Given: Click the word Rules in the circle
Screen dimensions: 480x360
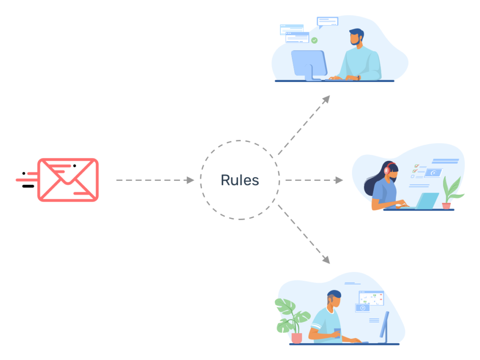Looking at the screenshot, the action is pyautogui.click(x=240, y=180).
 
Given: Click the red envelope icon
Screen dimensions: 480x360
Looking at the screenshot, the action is pyautogui.click(x=68, y=180).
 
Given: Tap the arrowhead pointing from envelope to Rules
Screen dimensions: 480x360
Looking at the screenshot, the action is pyautogui.click(x=190, y=180).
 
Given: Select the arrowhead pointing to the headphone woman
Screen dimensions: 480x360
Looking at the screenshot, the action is pyautogui.click(x=339, y=180).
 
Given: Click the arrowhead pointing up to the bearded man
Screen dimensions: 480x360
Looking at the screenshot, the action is pyautogui.click(x=326, y=99).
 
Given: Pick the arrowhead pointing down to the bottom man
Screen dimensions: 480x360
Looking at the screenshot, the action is pyautogui.click(x=326, y=260).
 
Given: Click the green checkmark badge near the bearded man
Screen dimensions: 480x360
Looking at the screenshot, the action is pyautogui.click(x=315, y=40).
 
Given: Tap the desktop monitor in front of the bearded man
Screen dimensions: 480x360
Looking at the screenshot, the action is pyautogui.click(x=309, y=64).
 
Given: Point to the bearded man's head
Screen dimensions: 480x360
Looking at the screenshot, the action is pyautogui.click(x=356, y=37).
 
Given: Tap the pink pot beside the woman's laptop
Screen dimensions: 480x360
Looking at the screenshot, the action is pyautogui.click(x=446, y=206).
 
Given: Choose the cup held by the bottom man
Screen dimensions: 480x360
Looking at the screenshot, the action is pyautogui.click(x=337, y=333).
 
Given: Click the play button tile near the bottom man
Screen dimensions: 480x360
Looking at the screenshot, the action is pyautogui.click(x=362, y=308).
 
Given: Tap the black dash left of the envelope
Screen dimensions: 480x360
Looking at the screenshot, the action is pyautogui.click(x=28, y=186).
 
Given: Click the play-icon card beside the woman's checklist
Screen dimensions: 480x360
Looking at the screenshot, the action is pyautogui.click(x=434, y=173).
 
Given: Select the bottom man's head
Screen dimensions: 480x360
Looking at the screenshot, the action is pyautogui.click(x=334, y=299).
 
